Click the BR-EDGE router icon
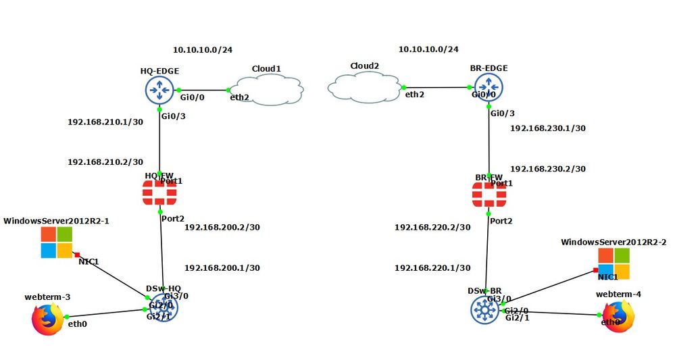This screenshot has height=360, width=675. (489, 88)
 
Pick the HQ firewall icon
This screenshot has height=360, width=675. (159, 195)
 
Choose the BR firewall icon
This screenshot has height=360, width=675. (489, 195)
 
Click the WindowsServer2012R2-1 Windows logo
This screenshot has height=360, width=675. (56, 242)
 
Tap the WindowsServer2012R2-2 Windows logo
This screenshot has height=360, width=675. (613, 263)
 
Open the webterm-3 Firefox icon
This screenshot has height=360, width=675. (47, 319)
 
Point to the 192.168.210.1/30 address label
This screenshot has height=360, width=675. (105, 122)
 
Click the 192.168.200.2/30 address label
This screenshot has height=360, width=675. (222, 227)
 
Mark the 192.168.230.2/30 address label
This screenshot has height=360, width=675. (548, 169)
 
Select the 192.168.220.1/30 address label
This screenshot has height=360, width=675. (432, 268)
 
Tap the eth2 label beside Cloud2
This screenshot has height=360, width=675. (415, 95)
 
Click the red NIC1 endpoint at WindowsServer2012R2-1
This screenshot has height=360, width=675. (78, 254)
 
